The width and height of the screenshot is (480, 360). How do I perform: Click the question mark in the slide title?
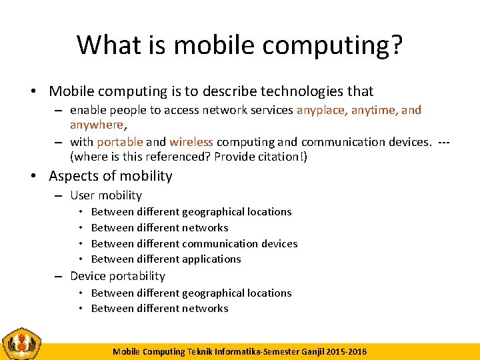point(394,45)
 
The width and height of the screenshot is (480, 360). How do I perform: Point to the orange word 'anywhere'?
point(97,125)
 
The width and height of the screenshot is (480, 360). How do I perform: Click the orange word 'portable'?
point(120,142)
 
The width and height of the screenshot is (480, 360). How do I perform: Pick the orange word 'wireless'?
point(191,142)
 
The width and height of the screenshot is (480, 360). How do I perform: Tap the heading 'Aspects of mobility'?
point(111,176)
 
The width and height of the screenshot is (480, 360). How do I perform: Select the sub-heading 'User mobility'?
point(106,195)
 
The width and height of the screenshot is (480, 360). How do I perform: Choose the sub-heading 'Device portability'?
point(117,276)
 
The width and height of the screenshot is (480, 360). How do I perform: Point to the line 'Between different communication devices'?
point(194,244)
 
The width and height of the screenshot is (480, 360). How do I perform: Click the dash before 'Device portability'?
point(59,276)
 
